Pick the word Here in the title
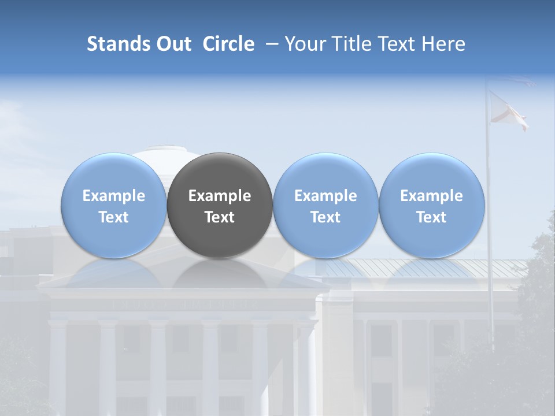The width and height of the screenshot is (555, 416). click(443, 44)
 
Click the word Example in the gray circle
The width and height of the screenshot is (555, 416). click(220, 196)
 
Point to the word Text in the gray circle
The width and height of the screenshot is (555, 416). click(220, 217)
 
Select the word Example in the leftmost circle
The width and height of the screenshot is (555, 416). click(113, 196)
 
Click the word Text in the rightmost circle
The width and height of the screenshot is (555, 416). click(431, 217)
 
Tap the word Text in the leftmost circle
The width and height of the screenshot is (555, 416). click(113, 217)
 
